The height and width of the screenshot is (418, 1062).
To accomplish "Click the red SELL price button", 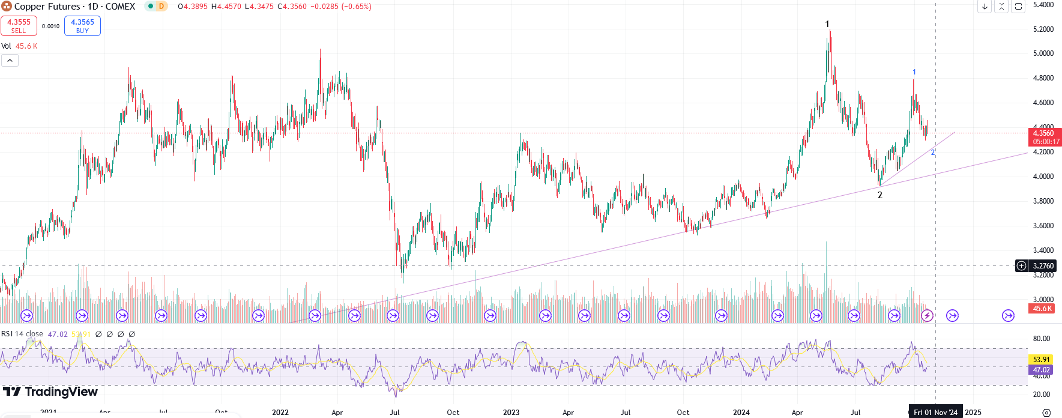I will tap(19, 26).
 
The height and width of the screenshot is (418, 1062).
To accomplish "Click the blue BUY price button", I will tap(82, 26).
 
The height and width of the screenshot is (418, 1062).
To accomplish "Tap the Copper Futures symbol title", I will tap(74, 7).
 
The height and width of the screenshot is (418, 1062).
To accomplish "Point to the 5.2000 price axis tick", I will tap(1043, 29).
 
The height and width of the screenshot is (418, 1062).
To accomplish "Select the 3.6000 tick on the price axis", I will tap(1043, 226).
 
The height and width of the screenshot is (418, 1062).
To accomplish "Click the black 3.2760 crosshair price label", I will tap(1043, 266).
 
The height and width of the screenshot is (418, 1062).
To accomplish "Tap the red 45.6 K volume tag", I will tap(1042, 309).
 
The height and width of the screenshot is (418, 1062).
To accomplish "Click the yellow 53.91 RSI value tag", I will tap(1041, 360).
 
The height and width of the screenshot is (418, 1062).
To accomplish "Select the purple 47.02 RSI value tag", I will tap(1041, 370).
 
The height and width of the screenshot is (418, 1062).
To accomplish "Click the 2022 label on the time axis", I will tap(280, 413).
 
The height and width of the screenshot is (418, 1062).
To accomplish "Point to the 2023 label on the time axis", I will tap(511, 413).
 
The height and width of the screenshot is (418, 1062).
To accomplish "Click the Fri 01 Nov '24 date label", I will tap(935, 413).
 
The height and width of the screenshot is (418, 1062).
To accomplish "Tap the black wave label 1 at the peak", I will tap(827, 24).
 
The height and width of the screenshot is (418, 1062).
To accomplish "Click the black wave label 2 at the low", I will tap(880, 195).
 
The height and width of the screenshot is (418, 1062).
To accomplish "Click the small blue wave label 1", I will tap(914, 72).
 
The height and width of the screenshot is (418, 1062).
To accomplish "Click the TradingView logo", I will tap(50, 392).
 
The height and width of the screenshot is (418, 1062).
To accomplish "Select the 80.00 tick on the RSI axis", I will tap(1041, 339).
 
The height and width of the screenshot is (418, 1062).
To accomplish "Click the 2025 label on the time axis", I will tap(973, 413).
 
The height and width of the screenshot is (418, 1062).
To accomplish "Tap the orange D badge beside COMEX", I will tap(161, 7).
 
